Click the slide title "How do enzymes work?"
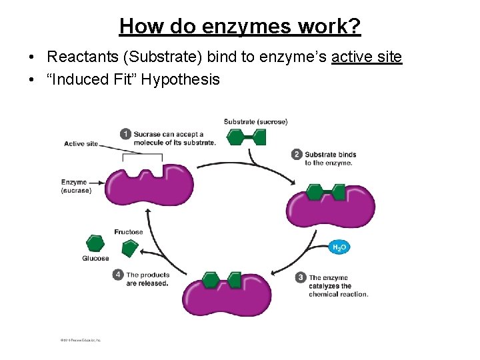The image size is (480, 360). pos(240,27)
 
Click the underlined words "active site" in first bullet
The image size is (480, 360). pos(367,57)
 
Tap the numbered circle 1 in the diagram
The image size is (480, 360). pos(125,134)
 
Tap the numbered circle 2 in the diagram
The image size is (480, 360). pos(297,155)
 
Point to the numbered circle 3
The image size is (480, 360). pos(301,277)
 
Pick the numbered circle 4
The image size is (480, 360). pos(118,275)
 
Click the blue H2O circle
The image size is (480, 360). pos(339,247)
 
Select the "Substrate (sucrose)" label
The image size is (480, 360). pos(255,122)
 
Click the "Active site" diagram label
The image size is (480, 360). pos(81,143)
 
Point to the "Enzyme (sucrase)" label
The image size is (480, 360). pos(75,186)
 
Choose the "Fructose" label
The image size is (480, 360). pos(128,232)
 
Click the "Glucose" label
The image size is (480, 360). pos(95,259)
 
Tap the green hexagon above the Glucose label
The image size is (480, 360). pos(95,243)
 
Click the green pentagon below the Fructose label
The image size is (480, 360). pos(129,247)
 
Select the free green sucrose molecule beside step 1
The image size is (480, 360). pos(246,137)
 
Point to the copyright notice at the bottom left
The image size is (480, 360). pos(81,340)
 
